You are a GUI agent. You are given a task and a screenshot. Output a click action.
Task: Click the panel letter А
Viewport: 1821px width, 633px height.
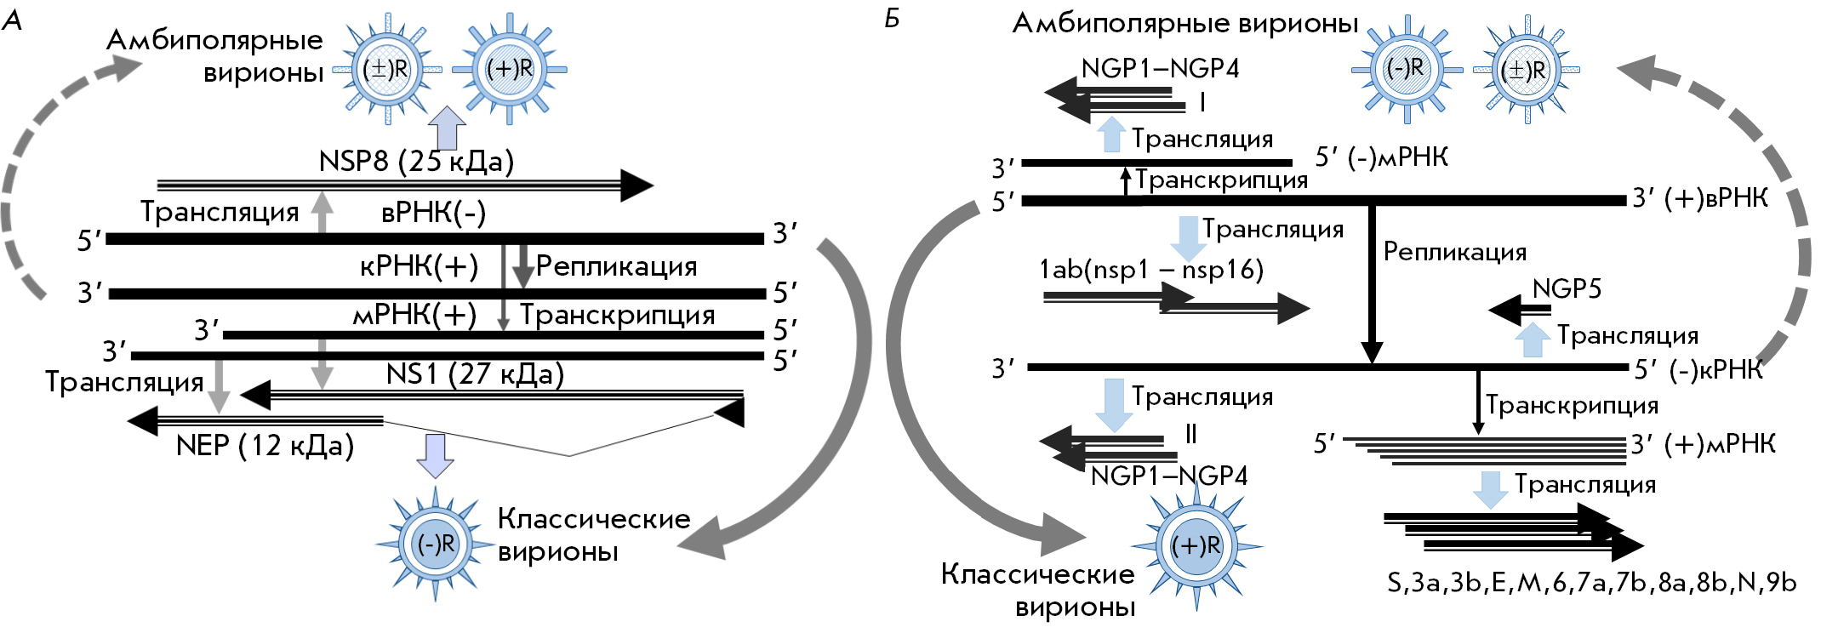click(x=12, y=20)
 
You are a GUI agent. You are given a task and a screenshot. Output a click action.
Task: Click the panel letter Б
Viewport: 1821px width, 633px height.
click(x=892, y=18)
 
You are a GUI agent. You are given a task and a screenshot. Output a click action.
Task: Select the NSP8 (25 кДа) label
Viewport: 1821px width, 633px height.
click(x=416, y=161)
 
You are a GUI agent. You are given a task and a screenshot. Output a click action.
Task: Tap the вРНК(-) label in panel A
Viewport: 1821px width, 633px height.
click(x=433, y=213)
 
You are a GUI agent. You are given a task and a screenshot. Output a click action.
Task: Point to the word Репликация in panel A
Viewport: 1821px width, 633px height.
click(x=616, y=267)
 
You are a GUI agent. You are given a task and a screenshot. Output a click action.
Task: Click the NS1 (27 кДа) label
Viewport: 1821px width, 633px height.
click(x=475, y=374)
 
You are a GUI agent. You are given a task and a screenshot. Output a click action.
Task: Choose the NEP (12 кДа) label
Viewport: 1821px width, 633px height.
click(x=265, y=445)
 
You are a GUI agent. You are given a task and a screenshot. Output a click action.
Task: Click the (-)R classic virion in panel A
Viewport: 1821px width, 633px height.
click(x=436, y=544)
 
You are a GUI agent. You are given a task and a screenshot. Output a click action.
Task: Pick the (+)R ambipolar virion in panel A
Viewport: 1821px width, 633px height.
click(x=509, y=69)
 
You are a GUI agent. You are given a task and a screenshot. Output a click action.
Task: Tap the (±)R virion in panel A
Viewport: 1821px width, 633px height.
click(x=386, y=69)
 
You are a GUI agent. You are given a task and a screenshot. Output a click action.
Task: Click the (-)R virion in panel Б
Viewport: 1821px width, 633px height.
click(x=1405, y=68)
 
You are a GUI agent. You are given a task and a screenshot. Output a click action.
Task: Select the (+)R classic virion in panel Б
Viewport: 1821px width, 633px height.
click(x=1196, y=545)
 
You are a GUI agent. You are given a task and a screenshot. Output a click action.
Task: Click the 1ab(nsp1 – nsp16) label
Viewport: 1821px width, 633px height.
click(x=1151, y=270)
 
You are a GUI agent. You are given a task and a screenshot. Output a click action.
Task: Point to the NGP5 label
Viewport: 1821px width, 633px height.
click(x=1567, y=289)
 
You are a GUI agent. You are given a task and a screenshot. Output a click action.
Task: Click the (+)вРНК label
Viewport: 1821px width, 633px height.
click(x=1699, y=198)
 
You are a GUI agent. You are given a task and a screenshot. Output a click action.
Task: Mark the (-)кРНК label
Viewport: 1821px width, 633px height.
click(x=1698, y=369)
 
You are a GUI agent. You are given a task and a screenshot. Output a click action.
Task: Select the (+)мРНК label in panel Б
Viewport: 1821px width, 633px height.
click(x=1703, y=444)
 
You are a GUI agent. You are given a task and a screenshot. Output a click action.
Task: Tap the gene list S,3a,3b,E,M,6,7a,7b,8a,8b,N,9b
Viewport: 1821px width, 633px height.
click(x=1591, y=583)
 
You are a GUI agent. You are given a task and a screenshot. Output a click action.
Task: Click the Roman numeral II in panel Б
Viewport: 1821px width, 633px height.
click(x=1190, y=435)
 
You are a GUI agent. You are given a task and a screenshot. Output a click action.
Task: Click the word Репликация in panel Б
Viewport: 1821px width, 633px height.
click(x=1454, y=252)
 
